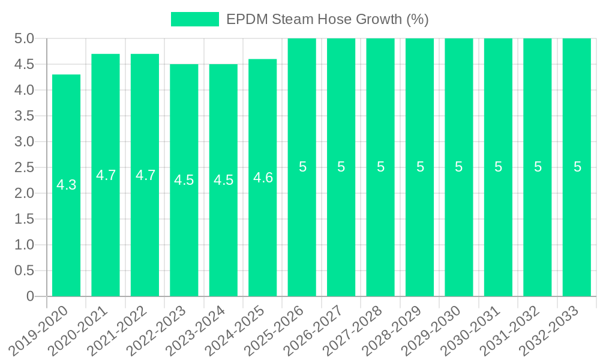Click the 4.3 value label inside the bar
[x=66, y=185]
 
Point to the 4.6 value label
[x=263, y=178]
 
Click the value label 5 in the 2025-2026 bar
[x=302, y=167]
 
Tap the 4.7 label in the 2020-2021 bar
[x=106, y=175]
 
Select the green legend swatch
[x=195, y=19]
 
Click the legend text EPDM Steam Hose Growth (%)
[x=327, y=19]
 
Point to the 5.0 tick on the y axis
[x=23, y=39]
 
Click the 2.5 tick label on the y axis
[x=23, y=167]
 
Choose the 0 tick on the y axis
[x=31, y=296]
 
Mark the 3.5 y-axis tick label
[x=23, y=116]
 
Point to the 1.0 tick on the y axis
[x=23, y=245]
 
